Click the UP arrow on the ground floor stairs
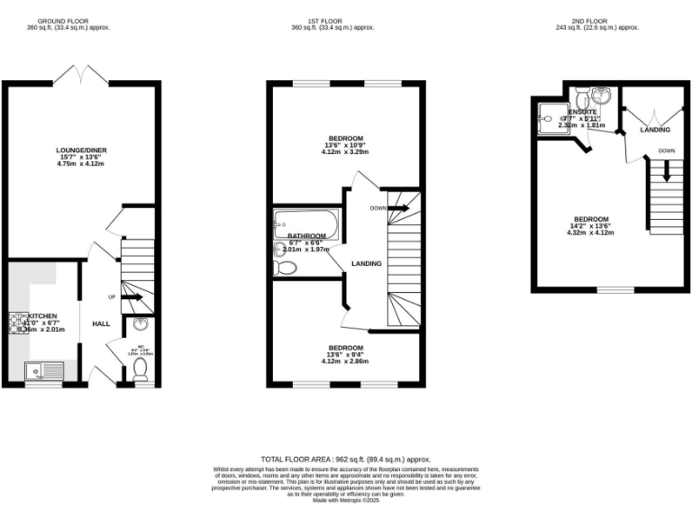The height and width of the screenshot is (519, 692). click(x=132, y=297)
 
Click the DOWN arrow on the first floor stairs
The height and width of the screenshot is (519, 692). click(x=396, y=208)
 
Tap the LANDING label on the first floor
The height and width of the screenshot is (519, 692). click(x=368, y=264)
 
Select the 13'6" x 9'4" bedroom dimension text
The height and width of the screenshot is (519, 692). click(x=346, y=356)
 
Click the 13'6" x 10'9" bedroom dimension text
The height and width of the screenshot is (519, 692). click(x=346, y=145)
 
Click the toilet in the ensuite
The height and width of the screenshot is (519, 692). click(x=581, y=96)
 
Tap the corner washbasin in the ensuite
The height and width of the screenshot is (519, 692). click(x=613, y=95)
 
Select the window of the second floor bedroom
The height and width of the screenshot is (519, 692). click(x=616, y=289)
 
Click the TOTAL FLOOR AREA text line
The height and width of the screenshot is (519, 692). click(x=346, y=459)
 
